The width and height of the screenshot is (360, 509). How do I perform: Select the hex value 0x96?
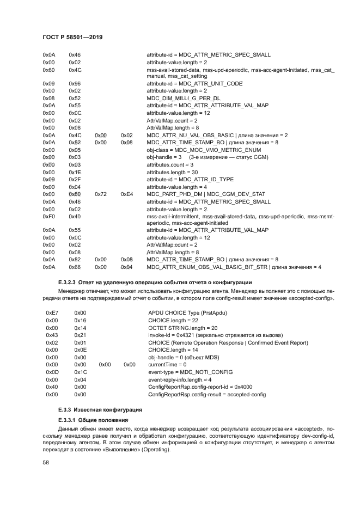75,84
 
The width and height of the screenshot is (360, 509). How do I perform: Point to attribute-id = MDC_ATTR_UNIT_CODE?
194,84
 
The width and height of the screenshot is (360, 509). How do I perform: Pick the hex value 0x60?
48,70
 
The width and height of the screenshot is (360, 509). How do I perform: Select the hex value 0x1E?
75,172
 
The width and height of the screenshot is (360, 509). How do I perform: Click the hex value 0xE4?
126,194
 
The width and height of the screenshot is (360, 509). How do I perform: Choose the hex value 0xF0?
48,216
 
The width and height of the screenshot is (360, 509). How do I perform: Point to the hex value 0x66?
75,267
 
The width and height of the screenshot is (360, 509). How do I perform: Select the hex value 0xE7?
52,313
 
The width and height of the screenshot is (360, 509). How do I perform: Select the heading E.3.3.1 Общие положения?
93,420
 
